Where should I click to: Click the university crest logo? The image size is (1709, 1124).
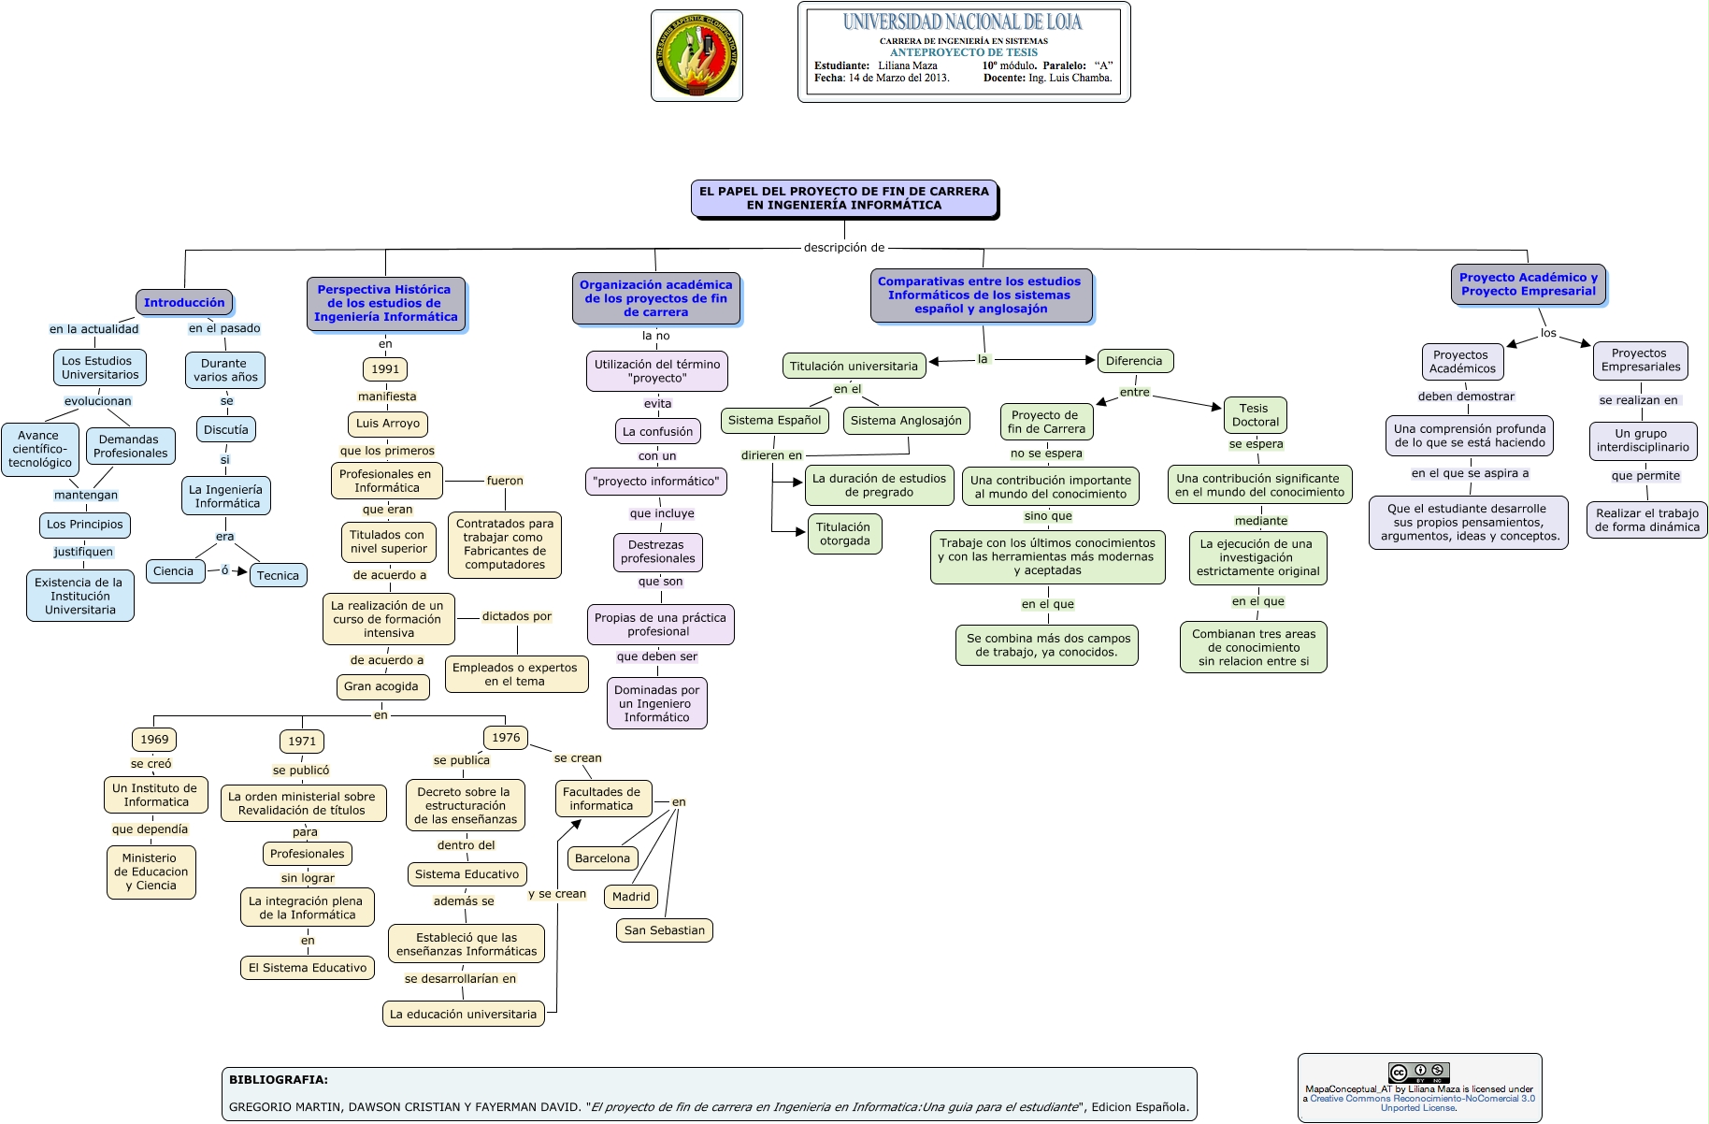[x=697, y=55]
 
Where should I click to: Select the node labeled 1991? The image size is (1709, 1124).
[x=385, y=369]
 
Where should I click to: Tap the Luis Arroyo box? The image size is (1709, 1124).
[x=388, y=424]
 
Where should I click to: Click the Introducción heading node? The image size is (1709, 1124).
[x=184, y=302]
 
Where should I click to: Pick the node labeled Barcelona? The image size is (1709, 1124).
[x=602, y=858]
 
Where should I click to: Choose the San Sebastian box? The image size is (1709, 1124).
[x=665, y=930]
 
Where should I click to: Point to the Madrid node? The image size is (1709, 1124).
[x=631, y=897]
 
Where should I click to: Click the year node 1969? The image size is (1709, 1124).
[x=154, y=740]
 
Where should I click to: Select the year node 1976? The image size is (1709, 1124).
[x=506, y=738]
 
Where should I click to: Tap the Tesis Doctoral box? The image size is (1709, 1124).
[x=1255, y=415]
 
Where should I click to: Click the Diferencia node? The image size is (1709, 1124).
[x=1134, y=361]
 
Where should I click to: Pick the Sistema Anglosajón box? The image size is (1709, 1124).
[x=906, y=421]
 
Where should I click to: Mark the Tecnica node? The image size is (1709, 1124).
[x=278, y=575]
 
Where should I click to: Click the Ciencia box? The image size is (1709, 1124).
[x=174, y=571]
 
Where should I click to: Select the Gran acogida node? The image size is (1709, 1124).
[x=381, y=686]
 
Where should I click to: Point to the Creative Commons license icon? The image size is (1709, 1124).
[x=1418, y=1073]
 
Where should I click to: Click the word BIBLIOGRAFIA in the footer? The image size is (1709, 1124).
[x=279, y=1079]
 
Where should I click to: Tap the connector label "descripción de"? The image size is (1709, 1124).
[x=844, y=248]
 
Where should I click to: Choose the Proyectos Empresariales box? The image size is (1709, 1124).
[x=1641, y=360]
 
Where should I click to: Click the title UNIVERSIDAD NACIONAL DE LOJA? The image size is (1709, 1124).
[x=962, y=22]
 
